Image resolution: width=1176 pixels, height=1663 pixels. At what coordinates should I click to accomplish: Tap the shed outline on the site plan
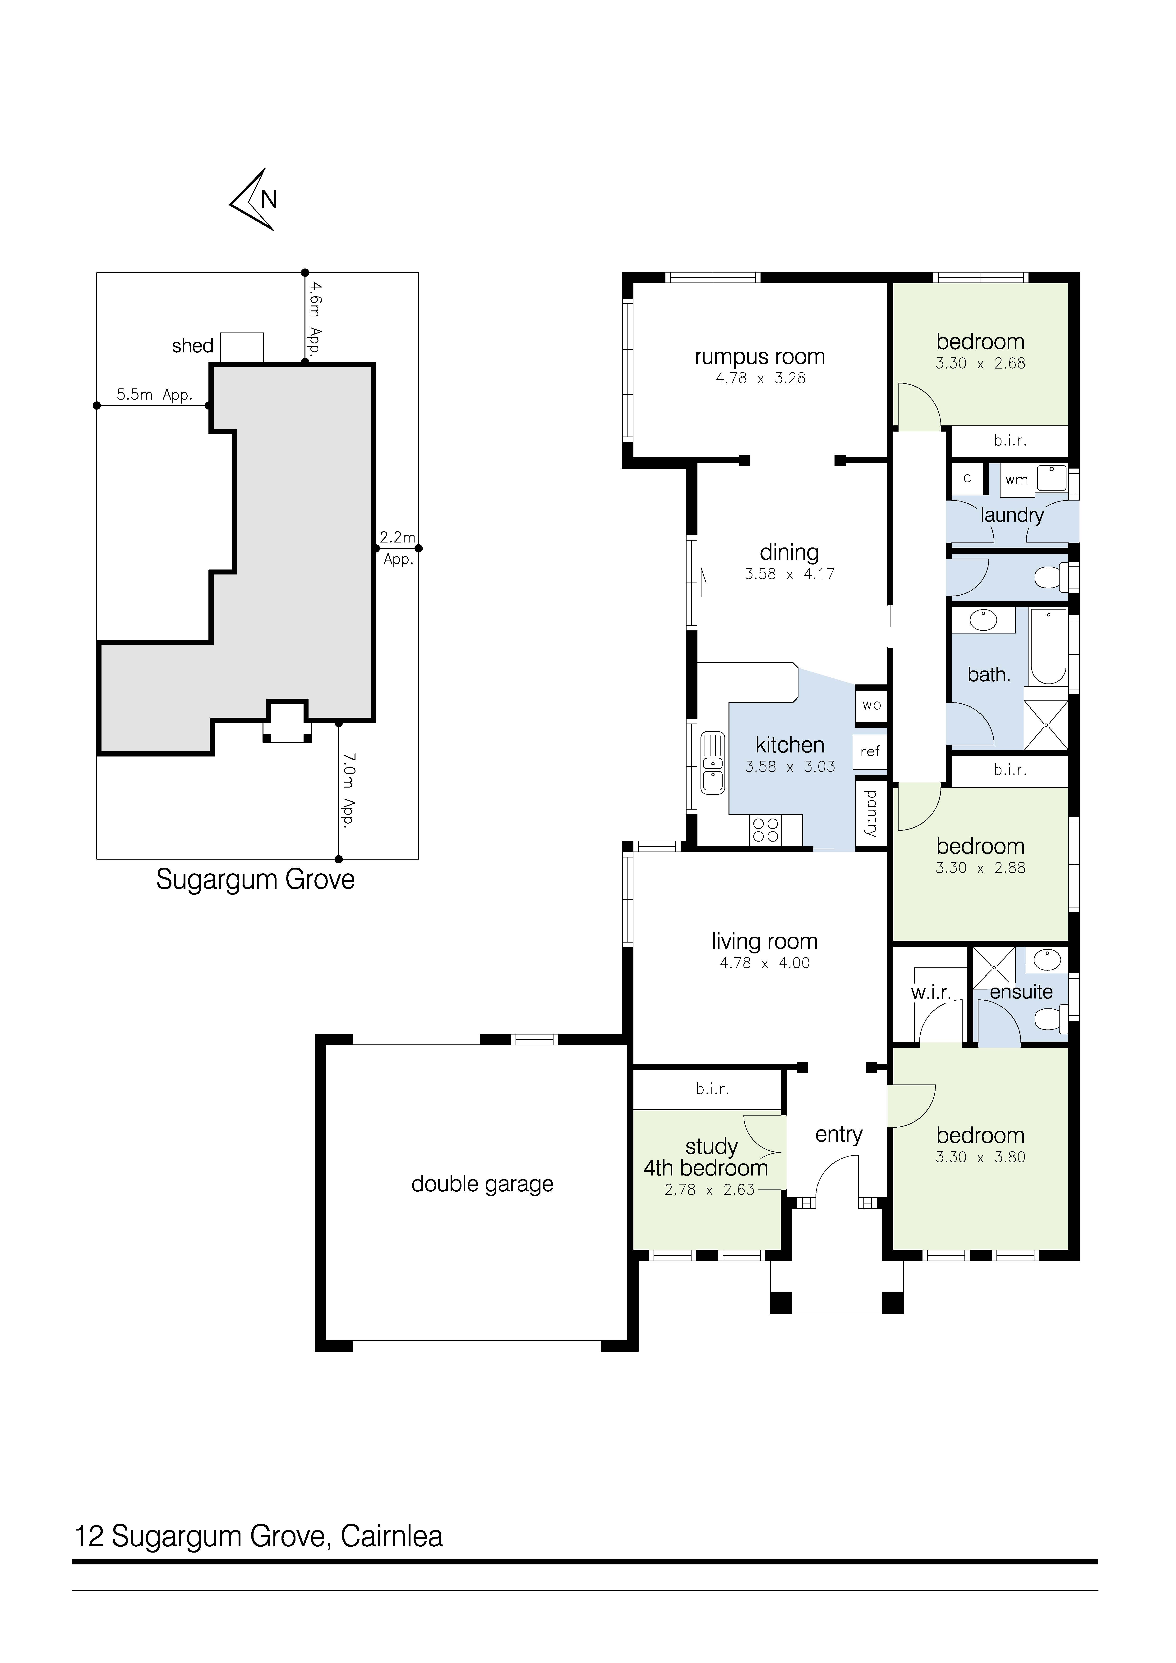[242, 347]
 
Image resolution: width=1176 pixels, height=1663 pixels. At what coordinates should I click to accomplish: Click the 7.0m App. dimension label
[349, 792]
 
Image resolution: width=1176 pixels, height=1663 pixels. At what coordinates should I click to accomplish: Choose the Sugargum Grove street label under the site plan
[255, 880]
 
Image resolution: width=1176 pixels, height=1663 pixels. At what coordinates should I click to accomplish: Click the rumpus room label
[759, 357]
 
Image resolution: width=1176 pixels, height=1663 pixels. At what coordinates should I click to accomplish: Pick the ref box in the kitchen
[870, 752]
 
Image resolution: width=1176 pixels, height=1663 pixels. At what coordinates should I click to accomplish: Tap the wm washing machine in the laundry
[1017, 479]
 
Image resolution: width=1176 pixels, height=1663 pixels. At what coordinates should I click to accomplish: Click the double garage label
[483, 1184]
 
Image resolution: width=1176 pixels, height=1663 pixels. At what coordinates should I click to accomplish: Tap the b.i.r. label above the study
[712, 1089]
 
